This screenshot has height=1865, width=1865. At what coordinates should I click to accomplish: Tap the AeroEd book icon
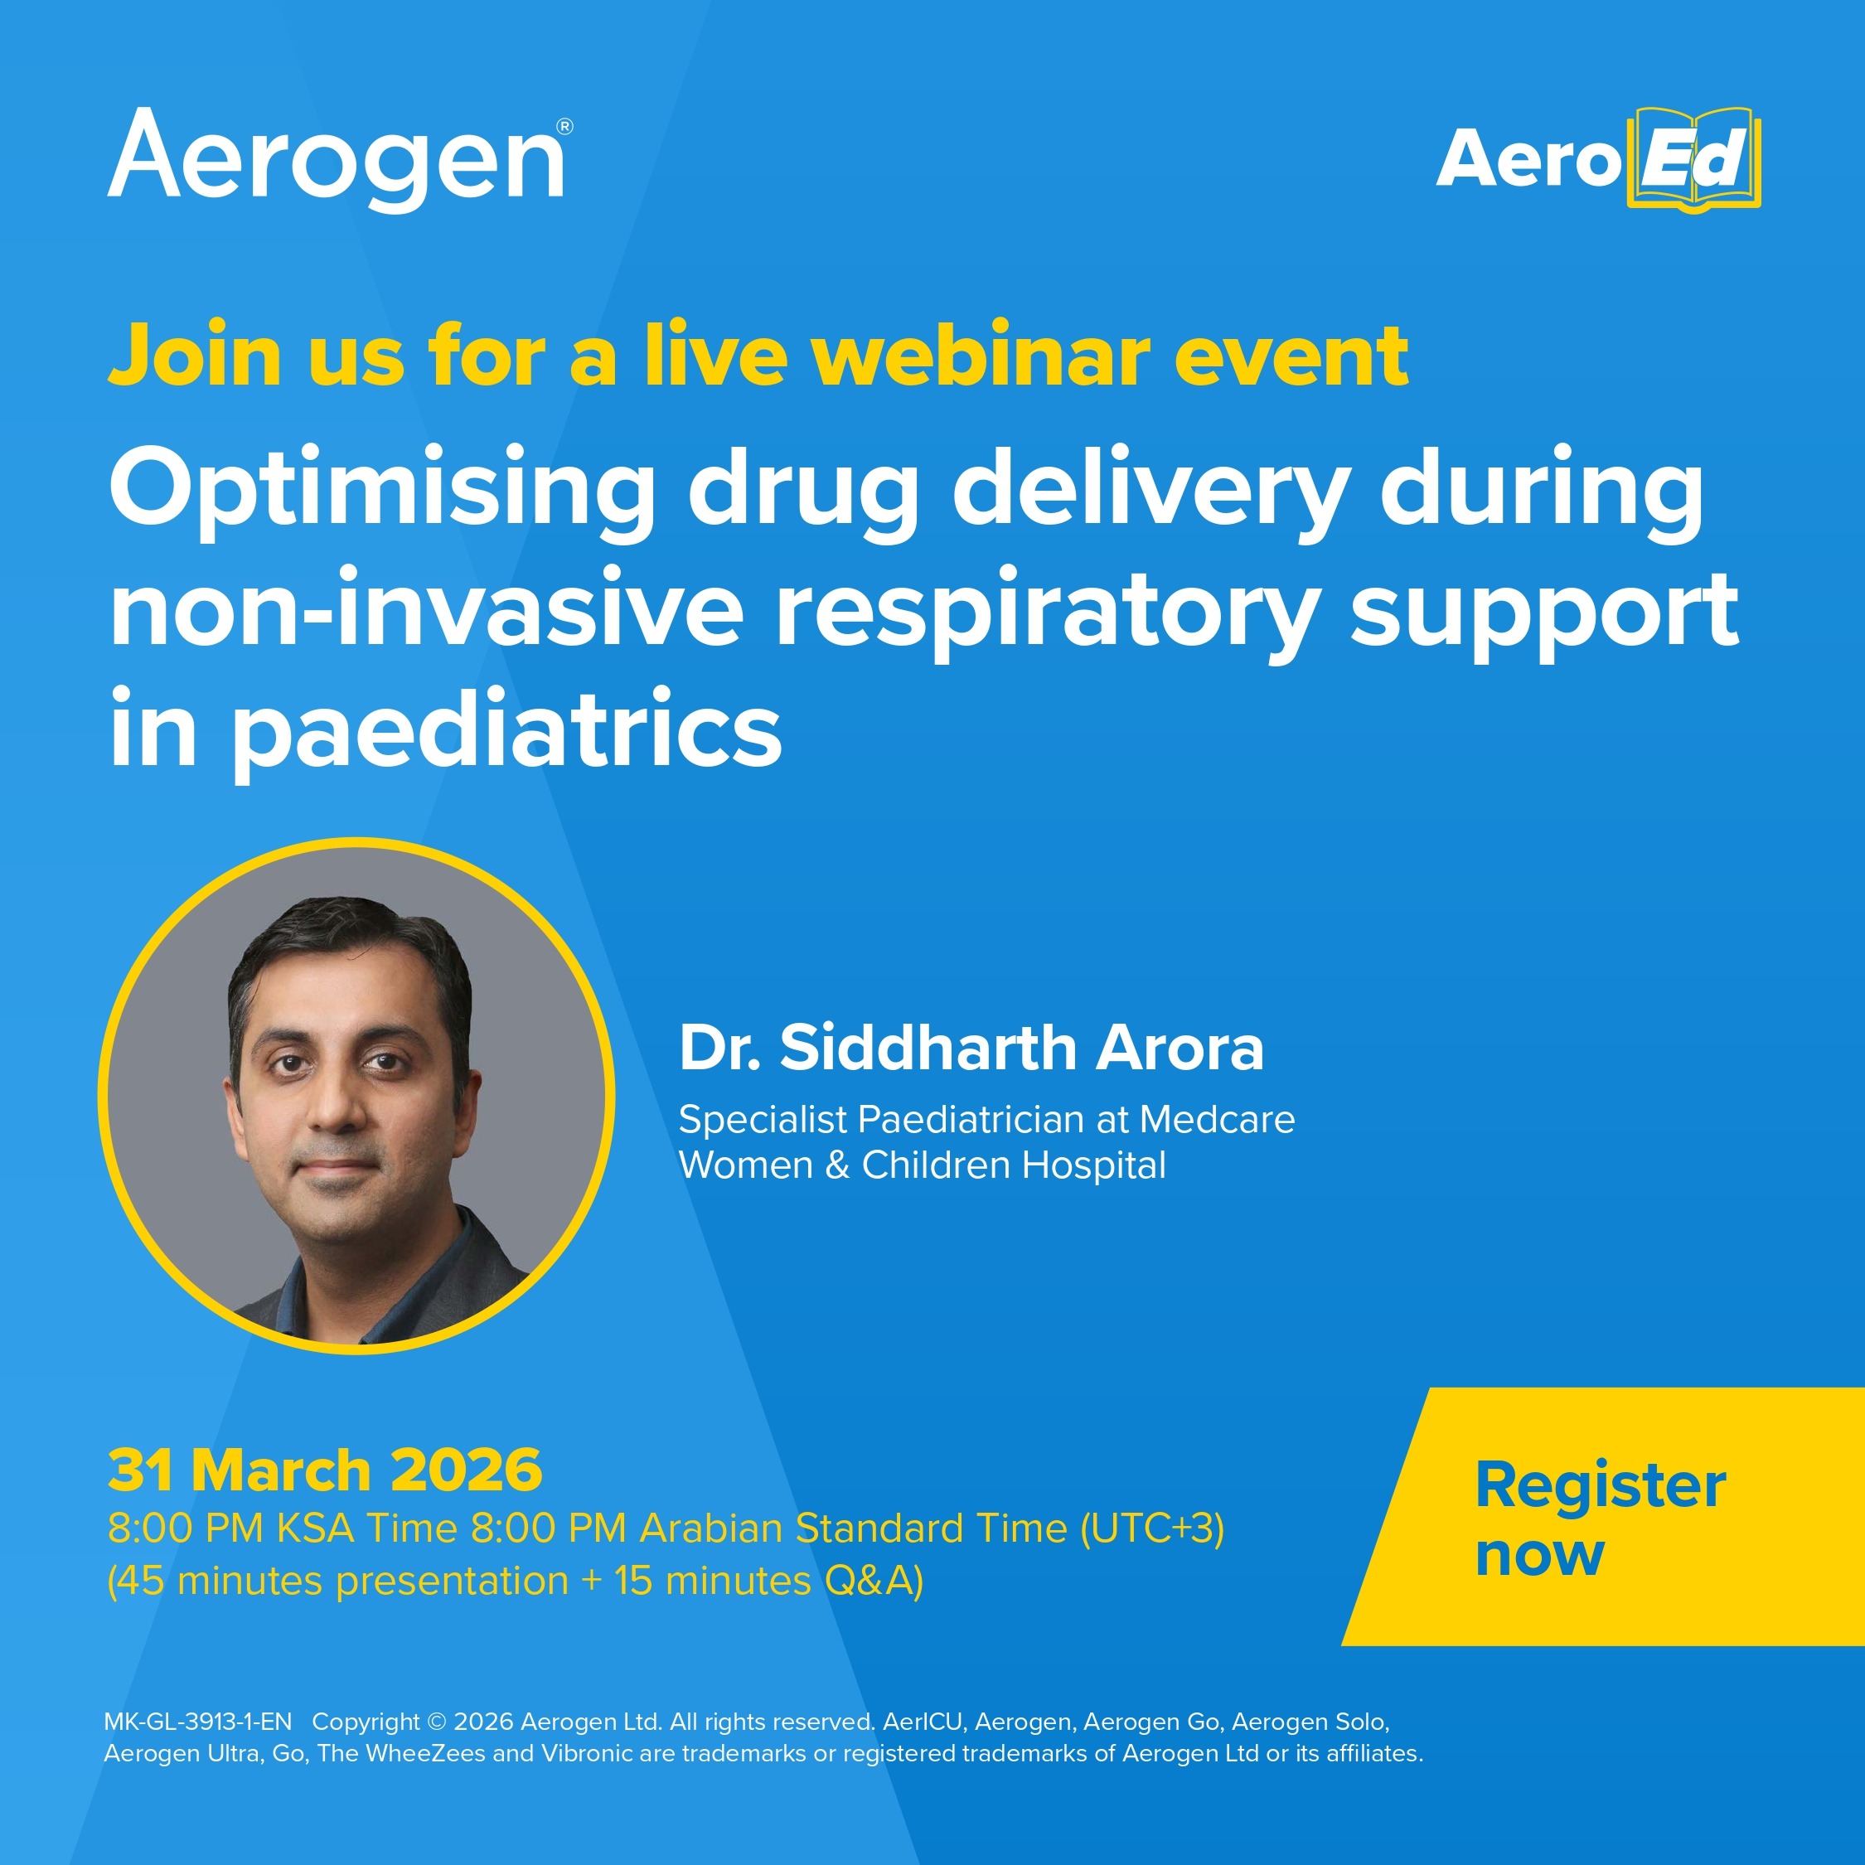coord(1694,160)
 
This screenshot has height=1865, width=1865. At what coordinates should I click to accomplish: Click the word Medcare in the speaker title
coord(1218,1120)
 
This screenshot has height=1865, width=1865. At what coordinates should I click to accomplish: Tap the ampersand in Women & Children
coord(837,1166)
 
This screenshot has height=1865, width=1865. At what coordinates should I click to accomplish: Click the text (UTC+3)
coord(1151,1529)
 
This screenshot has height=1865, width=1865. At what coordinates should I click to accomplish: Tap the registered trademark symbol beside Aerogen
coord(564,127)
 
